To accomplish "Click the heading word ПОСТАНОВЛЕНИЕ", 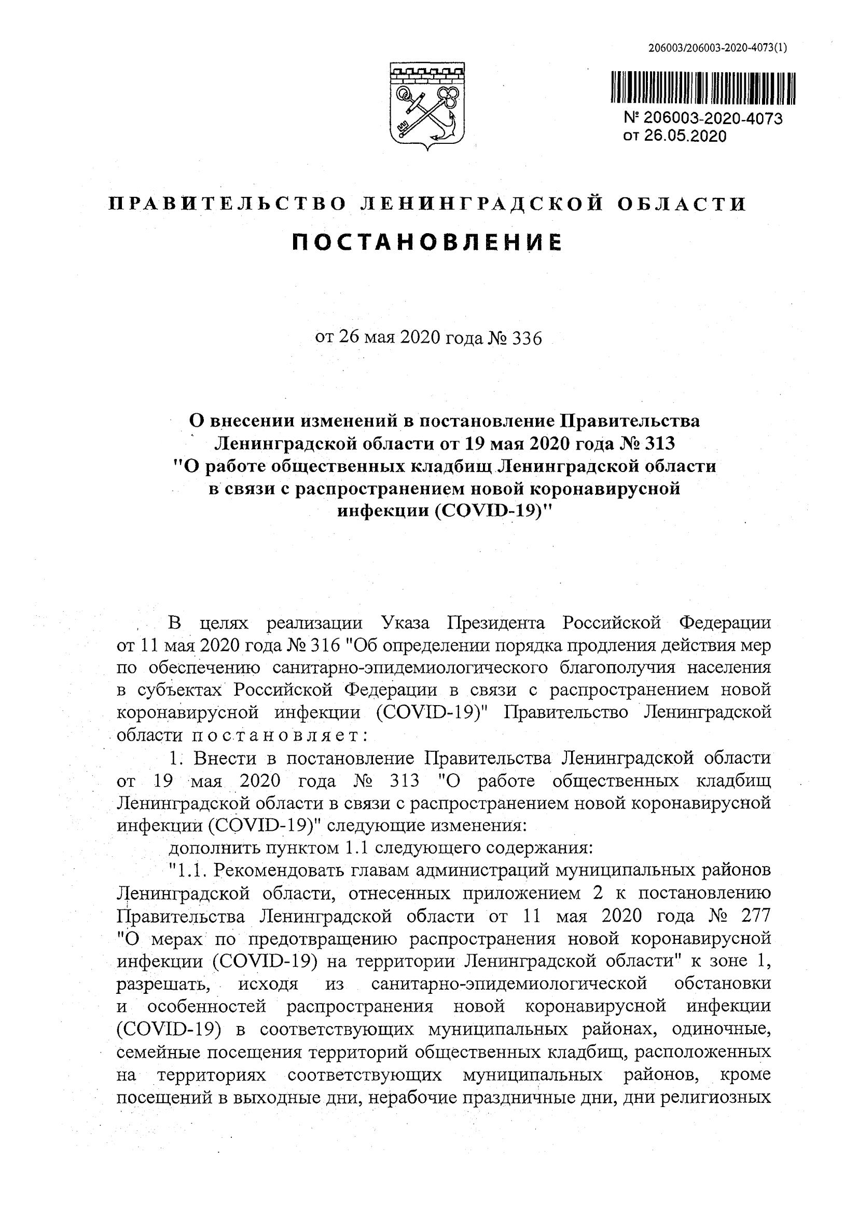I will point(427,242).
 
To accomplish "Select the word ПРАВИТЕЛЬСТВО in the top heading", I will point(228,204).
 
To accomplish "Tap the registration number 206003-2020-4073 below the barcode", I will point(713,118).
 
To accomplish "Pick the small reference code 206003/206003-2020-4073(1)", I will point(717,48).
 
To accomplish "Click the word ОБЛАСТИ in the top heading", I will point(681,204).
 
